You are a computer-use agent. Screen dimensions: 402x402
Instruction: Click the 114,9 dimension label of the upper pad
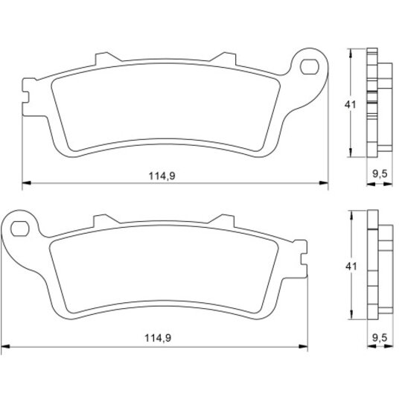162,176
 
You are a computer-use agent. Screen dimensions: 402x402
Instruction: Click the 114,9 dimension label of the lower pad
158,338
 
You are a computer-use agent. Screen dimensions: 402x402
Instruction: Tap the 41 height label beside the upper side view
350,105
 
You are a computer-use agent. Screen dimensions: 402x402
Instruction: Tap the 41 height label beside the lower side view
351,267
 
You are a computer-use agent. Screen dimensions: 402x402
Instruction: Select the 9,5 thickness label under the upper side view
380,174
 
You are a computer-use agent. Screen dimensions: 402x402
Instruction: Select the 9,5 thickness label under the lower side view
380,338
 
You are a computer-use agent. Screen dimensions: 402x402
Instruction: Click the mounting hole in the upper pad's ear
310,67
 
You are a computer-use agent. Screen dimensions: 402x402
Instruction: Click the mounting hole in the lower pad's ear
20,229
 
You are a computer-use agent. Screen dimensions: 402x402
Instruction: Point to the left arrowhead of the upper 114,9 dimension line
27,183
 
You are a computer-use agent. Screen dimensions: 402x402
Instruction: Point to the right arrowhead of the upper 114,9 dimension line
324,183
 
